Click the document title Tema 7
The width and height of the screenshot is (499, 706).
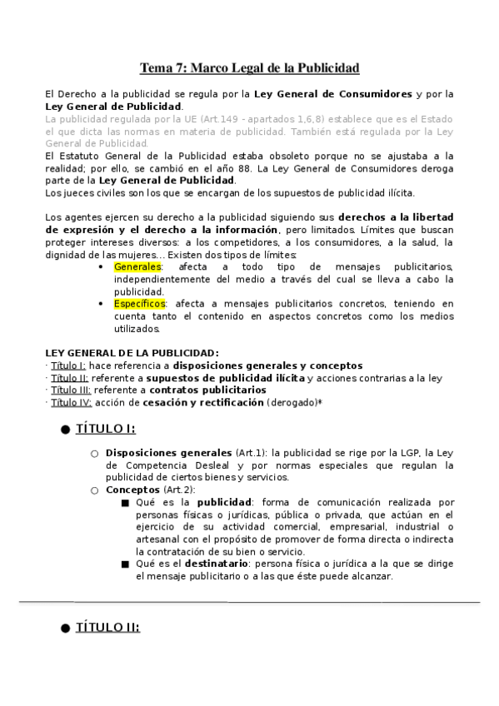coord(249,67)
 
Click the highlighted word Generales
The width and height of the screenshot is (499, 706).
coord(139,266)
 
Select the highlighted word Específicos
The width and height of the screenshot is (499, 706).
coord(141,304)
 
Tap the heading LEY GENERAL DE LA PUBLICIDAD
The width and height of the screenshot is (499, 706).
coord(132,353)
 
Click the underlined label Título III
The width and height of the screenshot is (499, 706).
coord(70,390)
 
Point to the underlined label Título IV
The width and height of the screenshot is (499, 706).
coord(71,402)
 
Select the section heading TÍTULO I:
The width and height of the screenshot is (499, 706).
coord(105,429)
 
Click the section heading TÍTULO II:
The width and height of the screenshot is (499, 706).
coord(107,628)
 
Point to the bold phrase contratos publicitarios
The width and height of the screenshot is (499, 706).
coord(207,390)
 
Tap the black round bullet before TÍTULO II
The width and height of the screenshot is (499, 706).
coord(64,629)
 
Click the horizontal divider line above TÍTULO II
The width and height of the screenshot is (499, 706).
coord(249,601)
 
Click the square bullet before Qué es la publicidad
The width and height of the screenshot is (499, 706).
coord(125,503)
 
